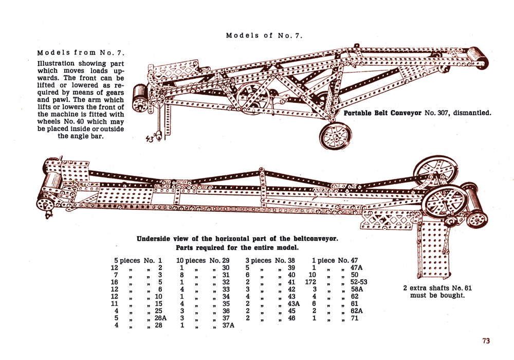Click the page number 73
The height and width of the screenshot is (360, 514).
tap(486, 340)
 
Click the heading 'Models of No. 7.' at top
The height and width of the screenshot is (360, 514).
tap(264, 35)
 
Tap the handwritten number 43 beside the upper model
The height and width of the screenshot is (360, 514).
tap(150, 138)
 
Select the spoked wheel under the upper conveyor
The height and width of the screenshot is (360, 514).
tap(335, 135)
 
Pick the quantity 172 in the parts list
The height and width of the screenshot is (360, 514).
tap(310, 282)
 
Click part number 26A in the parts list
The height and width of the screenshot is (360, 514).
tap(160, 318)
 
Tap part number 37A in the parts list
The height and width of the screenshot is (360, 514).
tap(227, 326)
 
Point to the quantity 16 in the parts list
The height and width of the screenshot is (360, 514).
tap(115, 282)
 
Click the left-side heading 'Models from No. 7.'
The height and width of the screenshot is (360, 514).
tap(81, 53)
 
